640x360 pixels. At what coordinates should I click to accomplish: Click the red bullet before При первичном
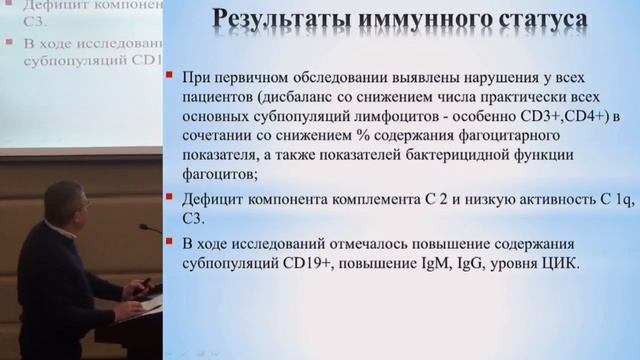tap(172, 77)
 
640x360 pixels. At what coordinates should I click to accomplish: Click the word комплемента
tap(353, 196)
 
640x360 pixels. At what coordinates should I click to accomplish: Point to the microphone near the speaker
tap(150, 229)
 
